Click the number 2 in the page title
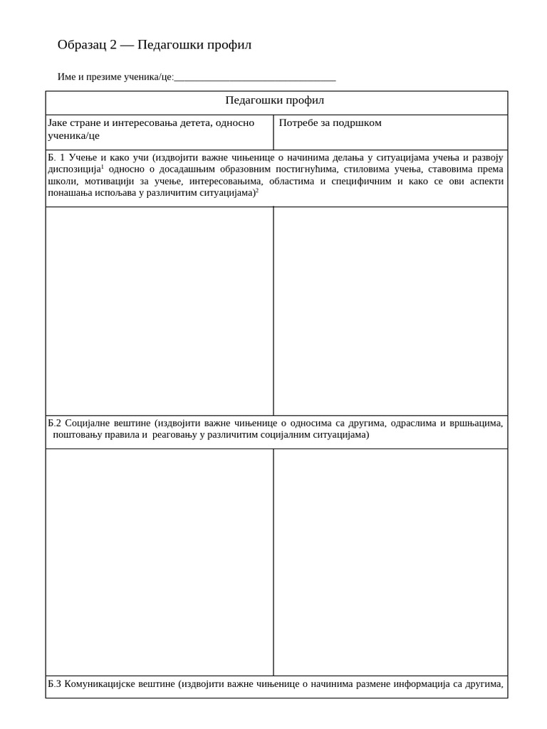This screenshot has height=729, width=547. click(113, 46)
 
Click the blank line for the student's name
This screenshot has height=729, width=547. click(254, 77)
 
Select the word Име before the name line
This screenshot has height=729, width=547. click(66, 77)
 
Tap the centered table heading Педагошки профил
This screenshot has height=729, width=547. click(275, 101)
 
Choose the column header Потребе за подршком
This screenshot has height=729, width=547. click(330, 123)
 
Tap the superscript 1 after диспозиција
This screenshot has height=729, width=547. click(102, 167)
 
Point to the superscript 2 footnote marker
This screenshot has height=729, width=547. click(256, 190)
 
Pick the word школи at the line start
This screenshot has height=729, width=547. click(61, 182)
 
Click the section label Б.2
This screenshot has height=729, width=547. click(55, 424)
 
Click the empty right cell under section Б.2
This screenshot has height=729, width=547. click(390, 562)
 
